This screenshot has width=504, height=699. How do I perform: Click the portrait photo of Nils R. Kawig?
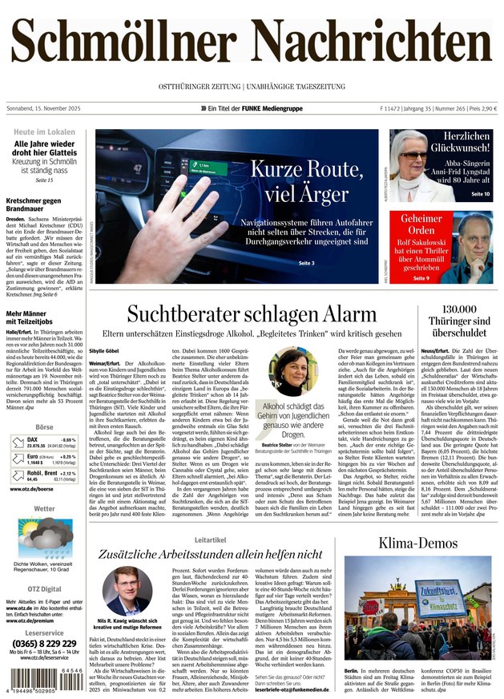pos(127,591)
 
